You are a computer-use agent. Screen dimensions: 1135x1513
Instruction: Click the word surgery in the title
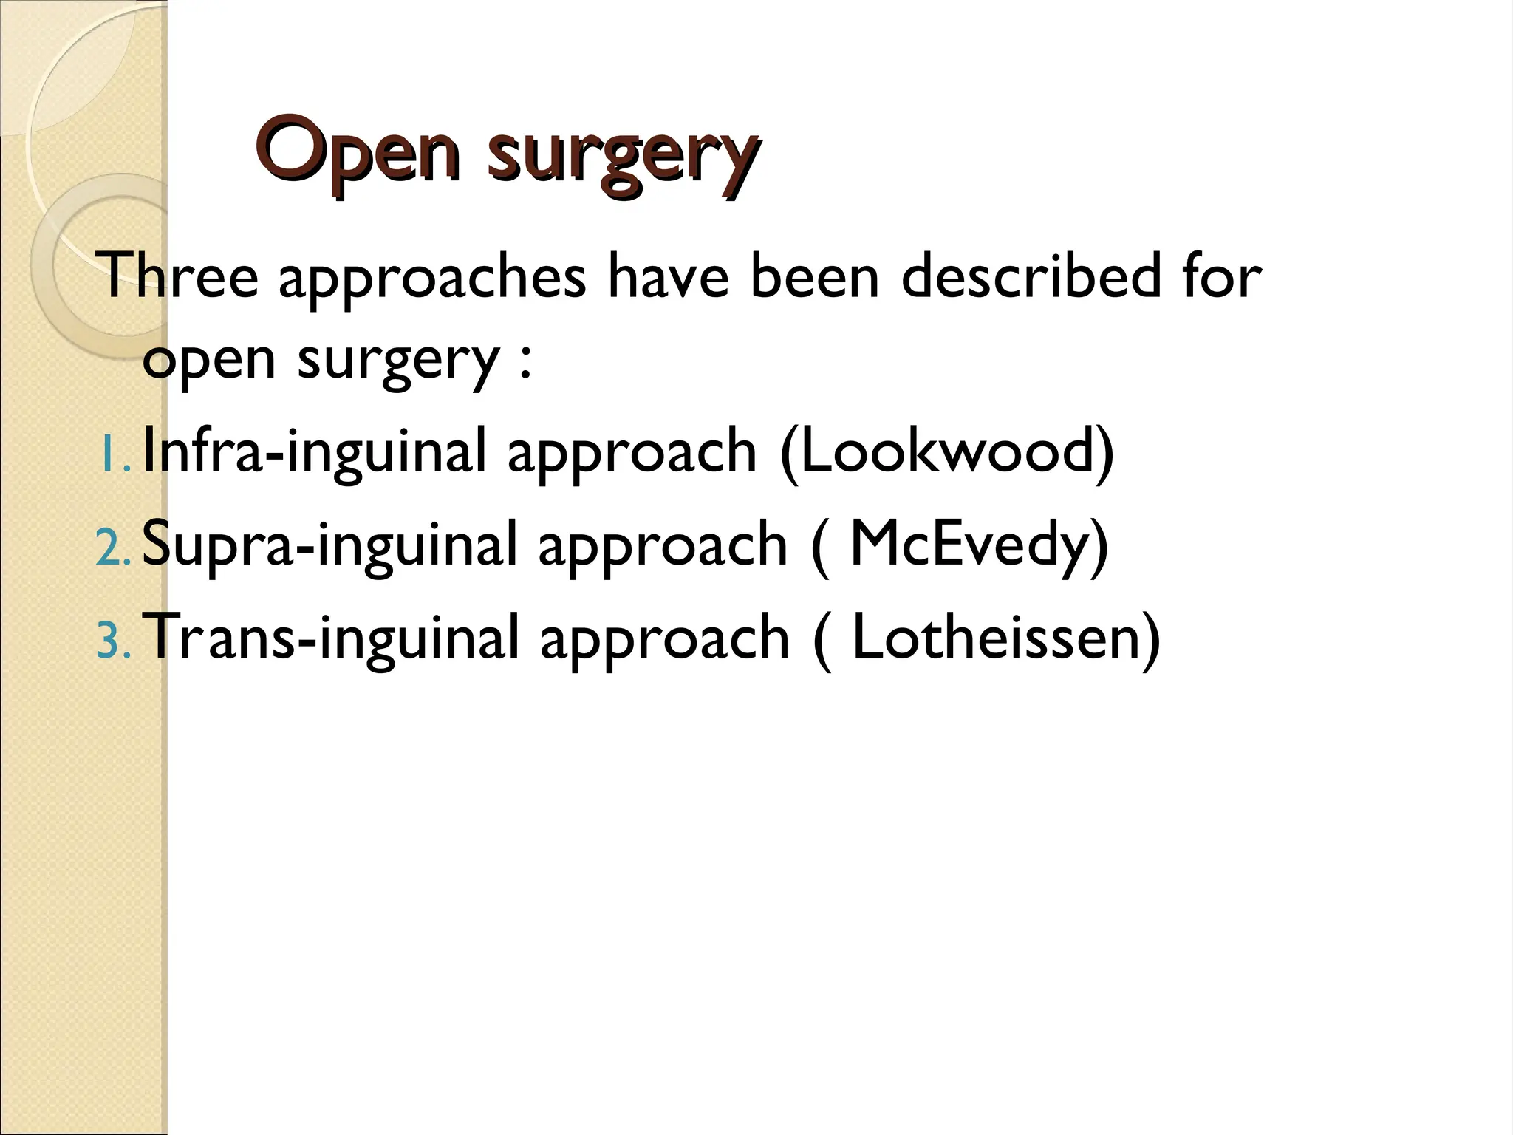click(x=623, y=154)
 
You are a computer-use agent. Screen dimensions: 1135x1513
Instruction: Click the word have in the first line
click(x=669, y=276)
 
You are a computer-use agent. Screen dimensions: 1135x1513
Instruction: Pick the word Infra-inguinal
click(x=314, y=451)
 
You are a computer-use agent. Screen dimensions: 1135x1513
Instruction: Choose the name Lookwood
click(x=947, y=451)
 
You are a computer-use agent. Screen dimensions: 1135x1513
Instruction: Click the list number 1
click(x=112, y=455)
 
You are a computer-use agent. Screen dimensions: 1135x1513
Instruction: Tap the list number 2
click(x=112, y=549)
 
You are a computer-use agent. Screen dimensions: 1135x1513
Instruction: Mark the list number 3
click(x=112, y=642)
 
